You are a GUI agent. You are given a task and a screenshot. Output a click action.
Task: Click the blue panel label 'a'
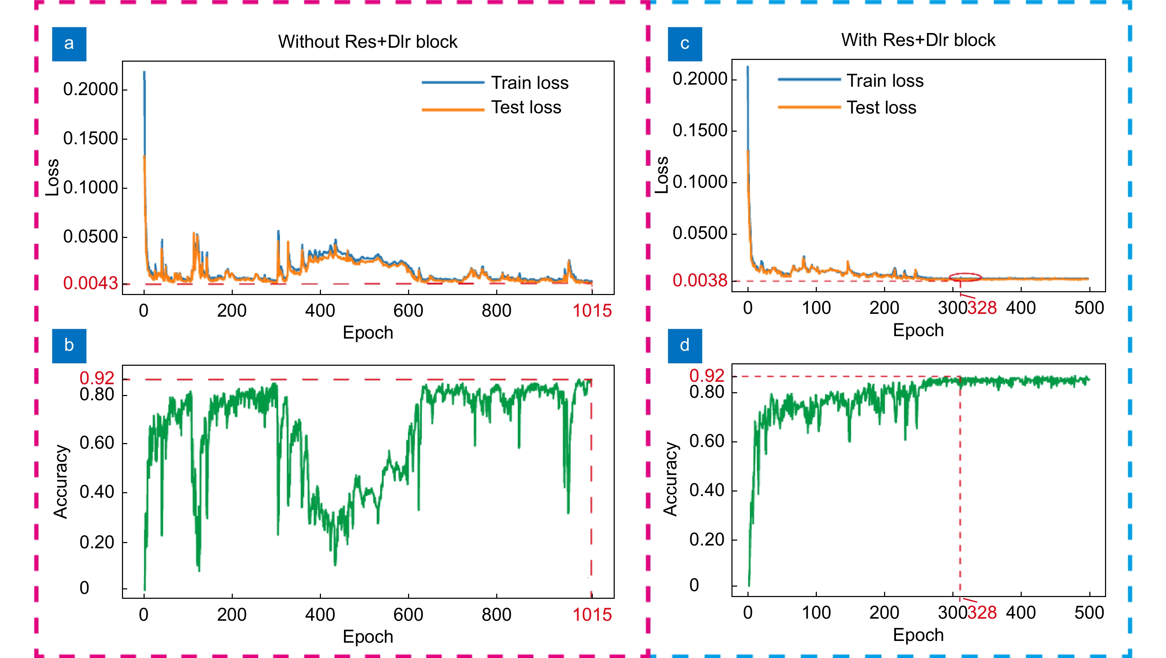pos(69,44)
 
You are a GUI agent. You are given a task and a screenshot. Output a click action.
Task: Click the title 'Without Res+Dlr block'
pos(368,42)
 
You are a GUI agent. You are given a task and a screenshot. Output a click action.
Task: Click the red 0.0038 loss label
pos(699,280)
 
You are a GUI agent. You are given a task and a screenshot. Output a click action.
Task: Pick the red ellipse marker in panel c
pos(965,277)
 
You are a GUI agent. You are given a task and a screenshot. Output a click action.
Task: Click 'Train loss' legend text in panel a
pos(530,83)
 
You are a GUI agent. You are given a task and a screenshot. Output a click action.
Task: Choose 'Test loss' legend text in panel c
pos(881,108)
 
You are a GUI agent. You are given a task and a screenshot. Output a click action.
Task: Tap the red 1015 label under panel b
pos(592,614)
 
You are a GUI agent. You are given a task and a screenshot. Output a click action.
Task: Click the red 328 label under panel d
pos(982,613)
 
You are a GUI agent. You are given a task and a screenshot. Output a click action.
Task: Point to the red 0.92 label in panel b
pos(97,378)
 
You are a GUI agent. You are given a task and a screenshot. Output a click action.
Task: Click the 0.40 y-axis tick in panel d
pos(707,490)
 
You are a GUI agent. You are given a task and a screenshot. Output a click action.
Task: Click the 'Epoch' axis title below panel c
pos(918,330)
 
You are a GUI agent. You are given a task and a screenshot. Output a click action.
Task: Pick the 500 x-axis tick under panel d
pos(1089,613)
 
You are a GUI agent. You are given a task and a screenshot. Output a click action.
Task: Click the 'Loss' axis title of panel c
pos(662,175)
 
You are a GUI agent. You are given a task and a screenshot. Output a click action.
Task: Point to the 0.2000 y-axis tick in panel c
pos(699,79)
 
